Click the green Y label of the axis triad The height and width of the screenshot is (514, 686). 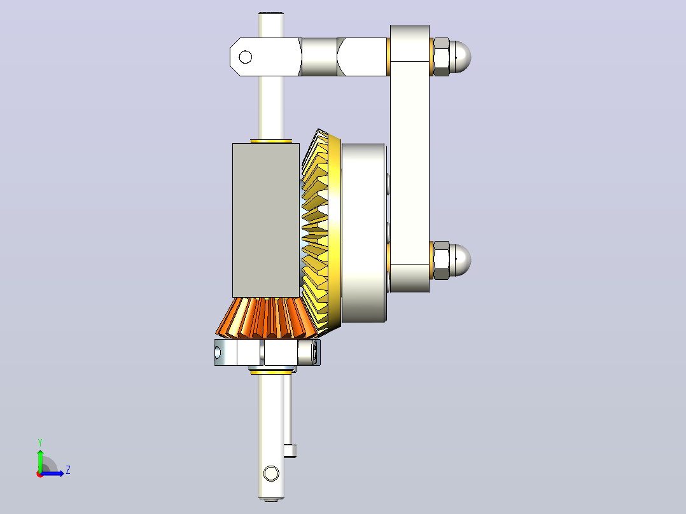tap(40, 443)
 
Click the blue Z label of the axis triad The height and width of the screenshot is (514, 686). tap(68, 470)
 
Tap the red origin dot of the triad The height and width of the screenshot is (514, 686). tap(40, 474)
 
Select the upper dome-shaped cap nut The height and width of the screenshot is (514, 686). tap(460, 57)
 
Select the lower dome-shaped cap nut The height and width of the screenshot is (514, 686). tap(460, 260)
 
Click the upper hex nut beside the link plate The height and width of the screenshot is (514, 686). tap(441, 57)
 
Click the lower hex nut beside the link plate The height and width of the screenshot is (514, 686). tap(441, 260)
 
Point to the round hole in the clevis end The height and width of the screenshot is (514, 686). tap(246, 57)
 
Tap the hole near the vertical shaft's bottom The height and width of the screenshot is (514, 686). tap(271, 473)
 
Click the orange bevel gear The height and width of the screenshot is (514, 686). tap(266, 317)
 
